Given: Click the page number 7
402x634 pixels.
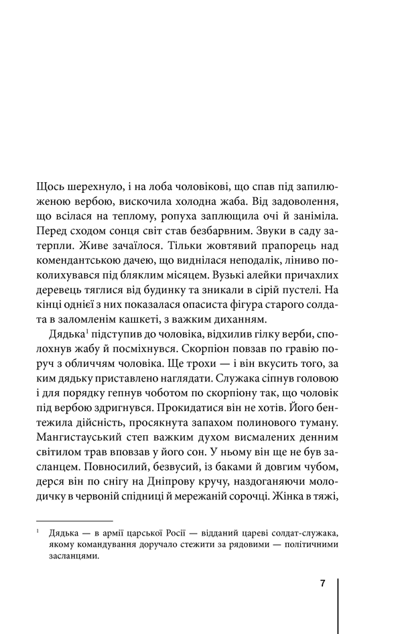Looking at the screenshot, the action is click(x=322, y=583).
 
